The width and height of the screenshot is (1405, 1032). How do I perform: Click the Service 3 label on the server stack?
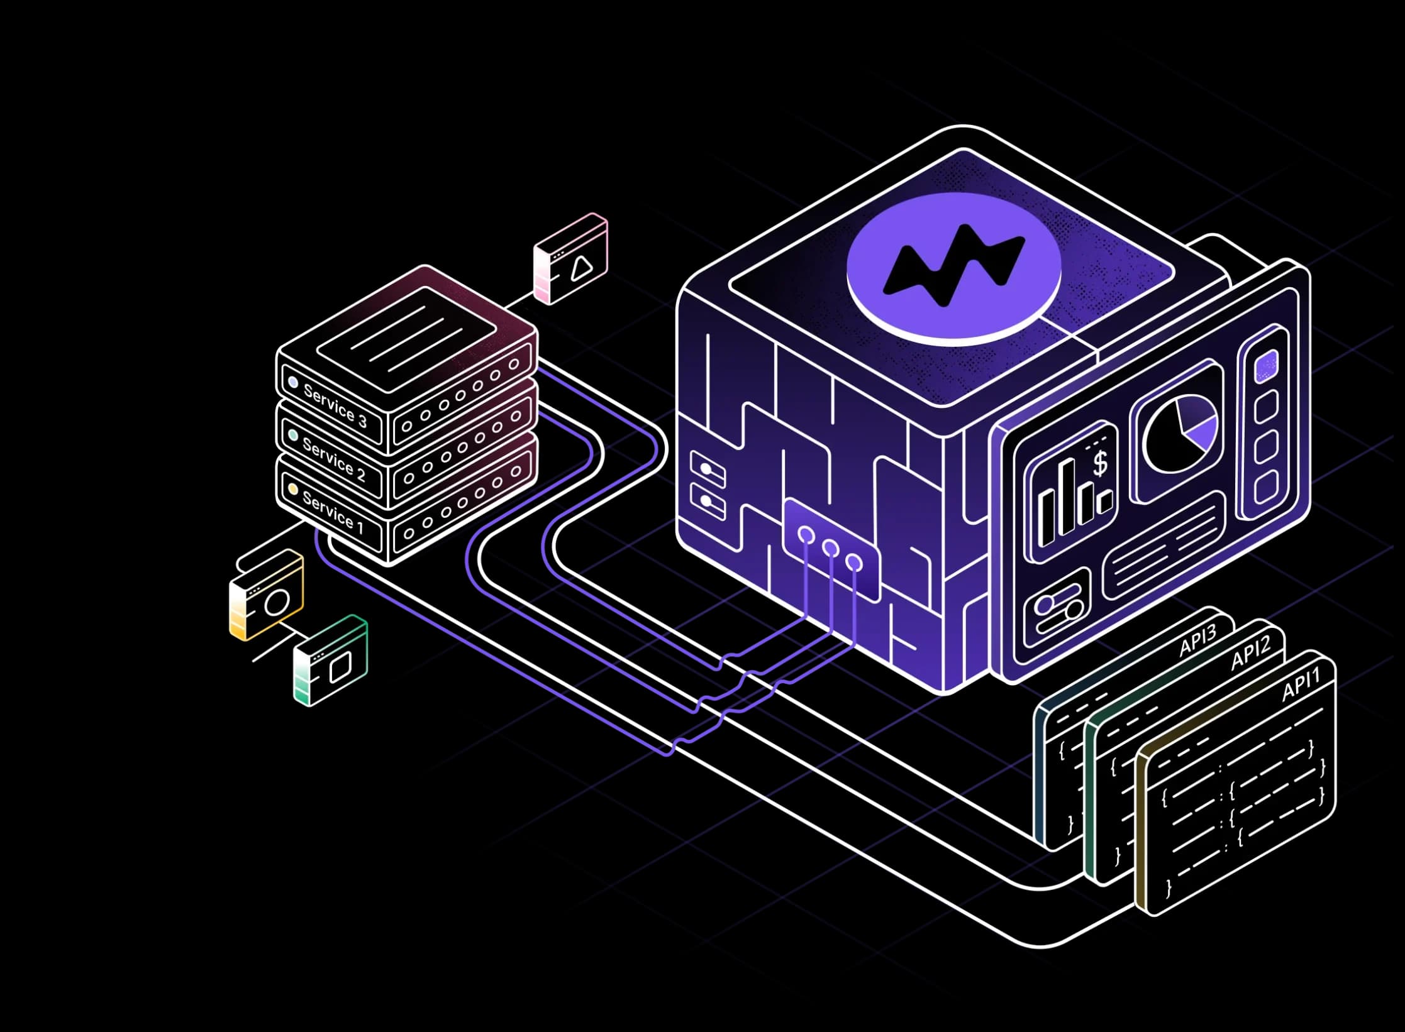pyautogui.click(x=335, y=405)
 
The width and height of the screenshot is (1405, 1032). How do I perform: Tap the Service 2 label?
pyautogui.click(x=333, y=459)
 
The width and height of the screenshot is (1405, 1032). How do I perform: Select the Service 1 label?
pyautogui.click(x=333, y=512)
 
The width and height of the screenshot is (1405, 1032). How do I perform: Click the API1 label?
pyautogui.click(x=1301, y=684)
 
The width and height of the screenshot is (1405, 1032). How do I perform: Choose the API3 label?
pyautogui.click(x=1197, y=640)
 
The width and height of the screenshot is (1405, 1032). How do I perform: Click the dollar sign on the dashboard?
pyautogui.click(x=1100, y=464)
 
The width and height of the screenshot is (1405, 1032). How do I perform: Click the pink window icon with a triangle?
pyautogui.click(x=571, y=259)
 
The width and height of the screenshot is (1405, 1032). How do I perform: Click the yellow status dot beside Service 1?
pyautogui.click(x=292, y=488)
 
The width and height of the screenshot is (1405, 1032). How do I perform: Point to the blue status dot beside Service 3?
pyautogui.click(x=292, y=382)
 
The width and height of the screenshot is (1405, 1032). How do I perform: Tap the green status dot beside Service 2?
pyautogui.click(x=292, y=435)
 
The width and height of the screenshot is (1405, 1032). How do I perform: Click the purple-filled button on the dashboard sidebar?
pyautogui.click(x=1266, y=366)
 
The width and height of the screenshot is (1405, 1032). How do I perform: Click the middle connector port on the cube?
pyautogui.click(x=830, y=549)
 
